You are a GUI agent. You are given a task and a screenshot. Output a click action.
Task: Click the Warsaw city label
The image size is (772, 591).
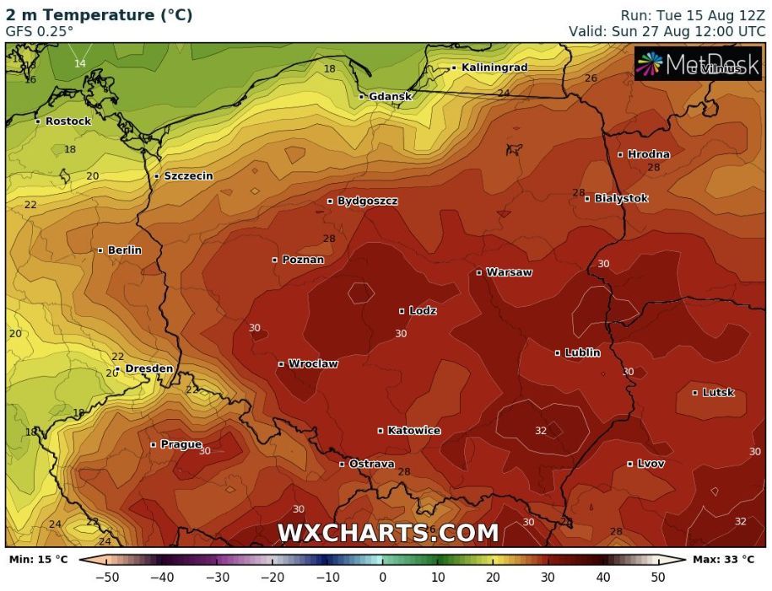point(509,272)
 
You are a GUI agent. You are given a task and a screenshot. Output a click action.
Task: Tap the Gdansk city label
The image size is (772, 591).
point(390,96)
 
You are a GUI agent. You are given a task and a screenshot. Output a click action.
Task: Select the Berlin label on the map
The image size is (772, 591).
point(124,250)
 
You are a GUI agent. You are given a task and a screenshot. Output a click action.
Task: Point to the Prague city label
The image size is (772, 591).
point(181,444)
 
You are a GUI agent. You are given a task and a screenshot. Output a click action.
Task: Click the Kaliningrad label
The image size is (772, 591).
point(494,67)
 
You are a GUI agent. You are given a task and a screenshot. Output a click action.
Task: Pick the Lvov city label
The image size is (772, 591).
point(651,464)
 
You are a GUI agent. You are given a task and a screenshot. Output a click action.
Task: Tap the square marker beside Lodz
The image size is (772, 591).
point(402,311)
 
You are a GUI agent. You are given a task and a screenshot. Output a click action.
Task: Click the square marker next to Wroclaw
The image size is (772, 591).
point(281,364)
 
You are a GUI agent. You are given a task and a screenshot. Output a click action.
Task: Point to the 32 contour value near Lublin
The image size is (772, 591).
point(541,431)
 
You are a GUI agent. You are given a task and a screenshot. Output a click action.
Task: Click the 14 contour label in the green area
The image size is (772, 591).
point(79,63)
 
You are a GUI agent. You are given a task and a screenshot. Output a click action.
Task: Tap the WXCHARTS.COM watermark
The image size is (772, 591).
point(388,533)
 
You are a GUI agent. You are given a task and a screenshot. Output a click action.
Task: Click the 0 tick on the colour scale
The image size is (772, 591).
point(382,578)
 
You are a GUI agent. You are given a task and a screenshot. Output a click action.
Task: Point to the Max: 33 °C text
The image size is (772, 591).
point(723,559)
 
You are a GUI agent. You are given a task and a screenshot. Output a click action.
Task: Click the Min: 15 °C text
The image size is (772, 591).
point(38,559)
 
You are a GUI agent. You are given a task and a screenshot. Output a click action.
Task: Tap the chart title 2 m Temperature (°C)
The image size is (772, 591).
point(99,15)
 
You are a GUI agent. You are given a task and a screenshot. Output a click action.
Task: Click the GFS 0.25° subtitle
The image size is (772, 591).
point(39,31)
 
